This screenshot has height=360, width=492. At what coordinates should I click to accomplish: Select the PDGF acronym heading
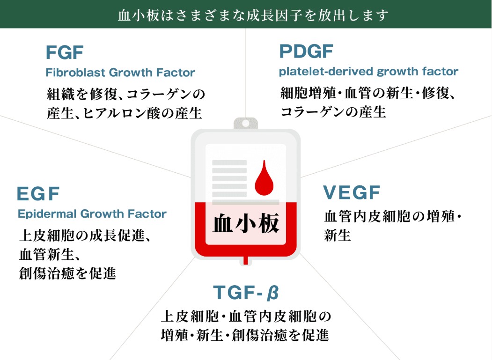click(x=306, y=51)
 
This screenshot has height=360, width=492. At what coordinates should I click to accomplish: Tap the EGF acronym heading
click(x=38, y=193)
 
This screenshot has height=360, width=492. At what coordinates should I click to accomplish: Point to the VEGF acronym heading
click(x=352, y=192)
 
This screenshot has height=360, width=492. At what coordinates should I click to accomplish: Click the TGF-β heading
click(x=246, y=293)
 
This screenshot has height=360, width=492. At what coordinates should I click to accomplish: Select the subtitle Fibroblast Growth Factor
click(x=120, y=73)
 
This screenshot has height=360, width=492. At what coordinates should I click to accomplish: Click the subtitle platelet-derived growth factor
click(x=368, y=72)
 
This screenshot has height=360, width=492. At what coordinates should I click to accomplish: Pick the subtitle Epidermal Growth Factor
click(x=92, y=214)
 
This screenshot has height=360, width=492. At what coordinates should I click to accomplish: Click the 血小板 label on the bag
click(x=246, y=224)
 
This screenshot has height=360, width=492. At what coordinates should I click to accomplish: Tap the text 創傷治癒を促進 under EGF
click(x=67, y=273)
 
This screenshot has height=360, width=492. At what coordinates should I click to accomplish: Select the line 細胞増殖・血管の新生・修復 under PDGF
click(x=368, y=93)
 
